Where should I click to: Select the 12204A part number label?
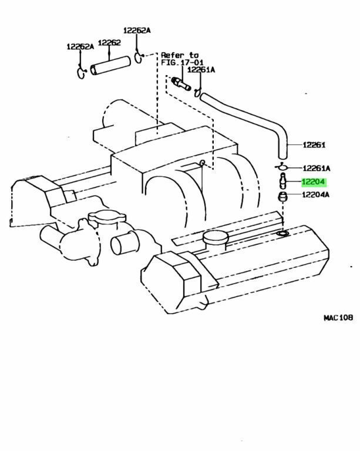pos(316,195)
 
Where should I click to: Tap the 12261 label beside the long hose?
pos(314,145)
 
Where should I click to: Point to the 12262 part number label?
pos(109,43)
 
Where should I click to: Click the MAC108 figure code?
pos(338,318)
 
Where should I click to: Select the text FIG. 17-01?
pos(182,62)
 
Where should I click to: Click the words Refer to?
pos(180,55)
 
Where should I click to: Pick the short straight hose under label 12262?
pos(110,66)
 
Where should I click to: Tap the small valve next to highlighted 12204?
pos(282,181)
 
